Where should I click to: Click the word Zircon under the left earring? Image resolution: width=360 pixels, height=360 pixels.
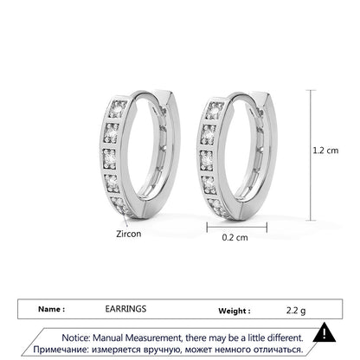point(129,234)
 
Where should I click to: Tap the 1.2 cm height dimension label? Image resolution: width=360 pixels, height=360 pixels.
point(325,151)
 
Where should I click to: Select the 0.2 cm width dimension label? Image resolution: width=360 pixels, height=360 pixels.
point(235,237)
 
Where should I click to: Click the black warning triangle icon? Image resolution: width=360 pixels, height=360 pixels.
point(325,332)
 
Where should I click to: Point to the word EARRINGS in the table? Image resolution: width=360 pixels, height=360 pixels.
point(125,309)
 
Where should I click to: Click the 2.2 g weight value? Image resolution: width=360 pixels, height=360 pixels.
point(296,311)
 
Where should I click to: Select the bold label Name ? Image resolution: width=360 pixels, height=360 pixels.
point(52,309)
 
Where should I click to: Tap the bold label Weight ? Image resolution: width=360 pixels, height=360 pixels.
point(235,311)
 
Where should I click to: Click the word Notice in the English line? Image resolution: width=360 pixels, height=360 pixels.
point(76,337)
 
